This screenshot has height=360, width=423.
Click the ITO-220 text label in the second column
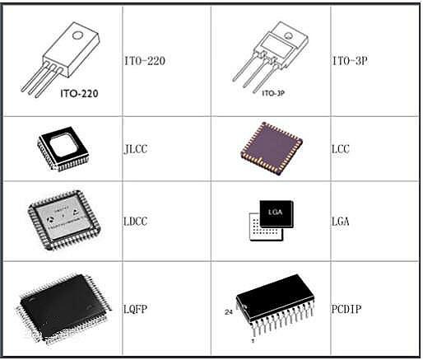(x=145, y=61)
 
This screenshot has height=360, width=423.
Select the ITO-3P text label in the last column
(x=350, y=61)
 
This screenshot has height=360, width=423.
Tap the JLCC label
(x=136, y=149)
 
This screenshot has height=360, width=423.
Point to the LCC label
(x=341, y=149)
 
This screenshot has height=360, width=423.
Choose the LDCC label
(x=136, y=222)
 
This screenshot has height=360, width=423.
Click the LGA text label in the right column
(x=341, y=222)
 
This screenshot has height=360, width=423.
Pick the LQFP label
(x=136, y=310)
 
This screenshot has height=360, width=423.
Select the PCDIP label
(x=346, y=310)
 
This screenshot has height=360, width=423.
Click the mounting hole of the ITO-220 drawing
(x=77, y=35)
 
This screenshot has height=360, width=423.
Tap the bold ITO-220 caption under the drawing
(x=79, y=94)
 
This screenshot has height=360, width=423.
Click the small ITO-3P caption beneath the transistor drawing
(x=273, y=93)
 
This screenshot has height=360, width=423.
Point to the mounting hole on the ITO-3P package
(x=288, y=35)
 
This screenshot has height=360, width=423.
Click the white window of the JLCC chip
(x=63, y=145)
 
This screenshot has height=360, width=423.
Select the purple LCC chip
(x=272, y=148)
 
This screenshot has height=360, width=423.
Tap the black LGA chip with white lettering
(x=277, y=213)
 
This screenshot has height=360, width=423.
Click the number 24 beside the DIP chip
(x=229, y=312)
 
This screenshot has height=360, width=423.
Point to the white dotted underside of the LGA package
(x=266, y=227)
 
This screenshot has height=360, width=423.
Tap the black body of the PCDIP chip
(x=275, y=297)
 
